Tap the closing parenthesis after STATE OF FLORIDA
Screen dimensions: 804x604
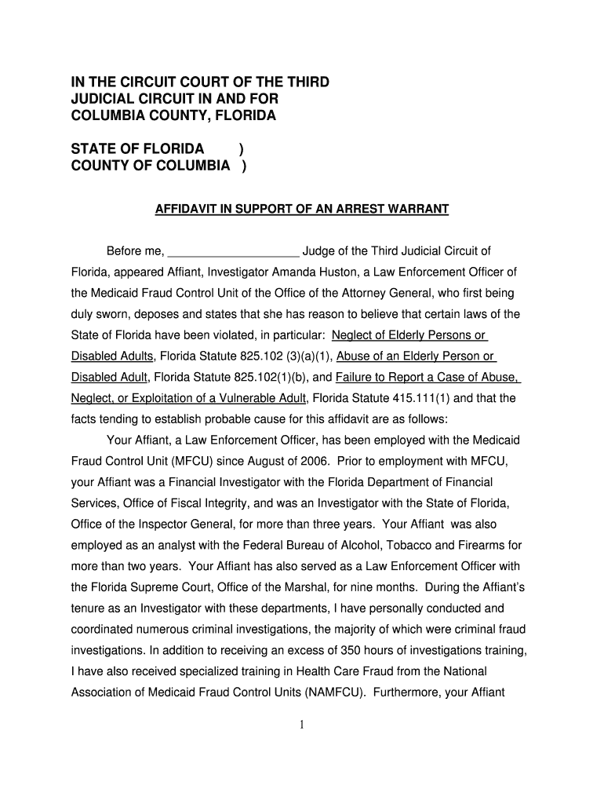240,149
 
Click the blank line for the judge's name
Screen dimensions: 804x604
234,252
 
